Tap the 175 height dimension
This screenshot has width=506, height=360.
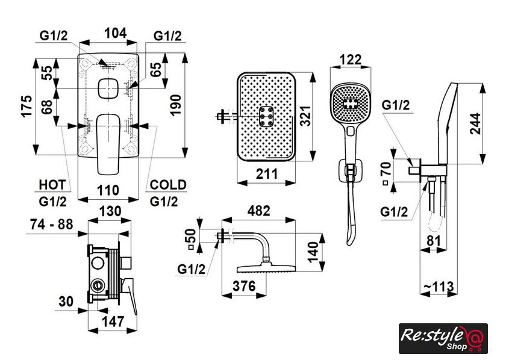click(26, 107)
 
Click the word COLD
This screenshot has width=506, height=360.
click(168, 184)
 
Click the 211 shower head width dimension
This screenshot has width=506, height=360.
click(269, 175)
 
